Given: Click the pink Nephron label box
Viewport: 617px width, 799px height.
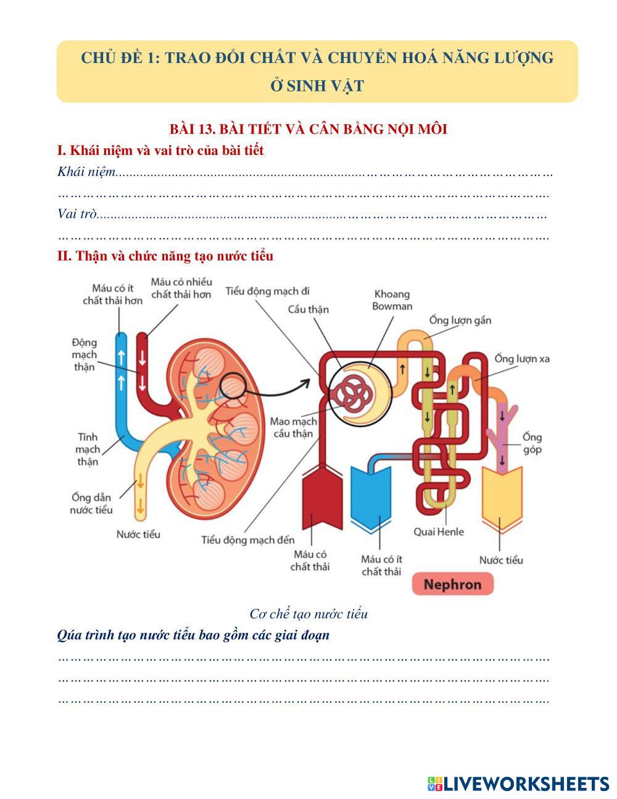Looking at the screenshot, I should point(452,584).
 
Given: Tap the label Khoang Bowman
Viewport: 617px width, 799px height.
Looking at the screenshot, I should point(392,300).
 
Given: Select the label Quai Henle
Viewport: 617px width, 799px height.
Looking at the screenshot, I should point(439,532).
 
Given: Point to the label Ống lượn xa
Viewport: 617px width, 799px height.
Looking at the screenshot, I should point(522,359).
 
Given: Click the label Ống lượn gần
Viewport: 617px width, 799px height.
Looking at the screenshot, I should point(460,320).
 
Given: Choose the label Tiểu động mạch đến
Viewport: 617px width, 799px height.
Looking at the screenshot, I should point(248,540).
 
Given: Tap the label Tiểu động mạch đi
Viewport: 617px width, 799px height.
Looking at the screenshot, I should point(268,291).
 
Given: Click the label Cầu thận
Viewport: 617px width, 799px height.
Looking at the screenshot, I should point(308,309).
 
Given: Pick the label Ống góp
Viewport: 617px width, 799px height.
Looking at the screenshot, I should point(532,443).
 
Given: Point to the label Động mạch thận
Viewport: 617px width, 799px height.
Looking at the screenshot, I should point(85,354).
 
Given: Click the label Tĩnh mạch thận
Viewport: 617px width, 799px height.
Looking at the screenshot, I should point(88,449).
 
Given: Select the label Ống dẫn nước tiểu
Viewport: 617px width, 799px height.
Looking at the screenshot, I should point(91,503).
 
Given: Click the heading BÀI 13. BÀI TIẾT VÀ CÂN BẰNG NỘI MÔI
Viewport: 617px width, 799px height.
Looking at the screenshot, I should point(308,129).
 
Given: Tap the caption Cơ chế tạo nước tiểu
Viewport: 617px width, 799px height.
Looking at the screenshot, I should point(308,614).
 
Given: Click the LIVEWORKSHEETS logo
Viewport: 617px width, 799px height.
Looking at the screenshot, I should point(518,784).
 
